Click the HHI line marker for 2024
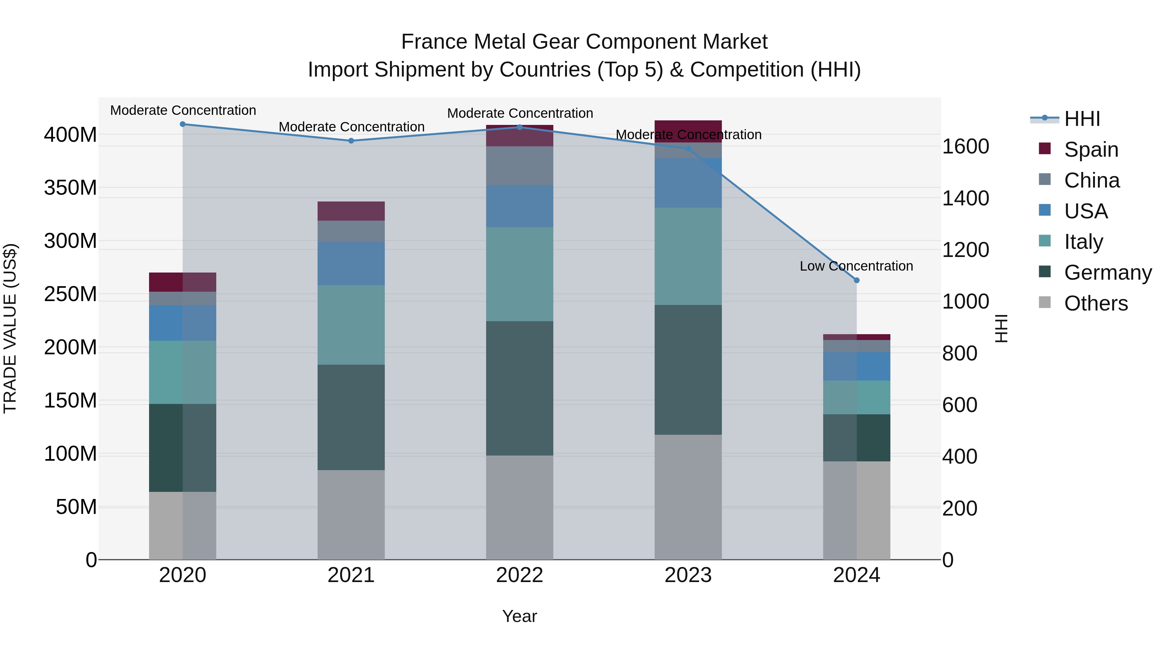point(856,280)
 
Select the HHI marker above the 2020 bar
point(182,124)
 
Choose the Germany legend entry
point(1107,273)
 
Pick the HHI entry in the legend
point(1082,119)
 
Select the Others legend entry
point(1096,303)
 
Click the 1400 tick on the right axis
point(966,198)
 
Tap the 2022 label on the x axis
point(519,575)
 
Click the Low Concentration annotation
point(856,266)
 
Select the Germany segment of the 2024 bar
point(856,438)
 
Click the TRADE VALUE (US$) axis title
point(10,328)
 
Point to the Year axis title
point(519,616)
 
